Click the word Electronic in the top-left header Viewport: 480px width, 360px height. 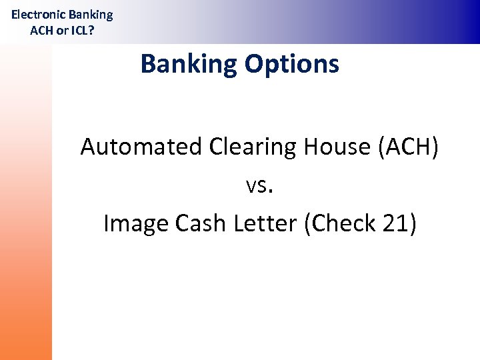coord(39,14)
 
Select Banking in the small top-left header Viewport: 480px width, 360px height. coord(91,15)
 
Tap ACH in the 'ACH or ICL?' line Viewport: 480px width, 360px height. coord(42,30)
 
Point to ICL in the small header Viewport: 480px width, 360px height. coord(77,30)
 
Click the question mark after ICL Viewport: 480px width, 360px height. coord(91,30)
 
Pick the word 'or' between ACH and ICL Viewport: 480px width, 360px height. coord(60,31)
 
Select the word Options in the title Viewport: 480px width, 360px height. coord(292,65)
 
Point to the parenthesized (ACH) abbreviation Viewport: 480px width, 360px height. coord(409,147)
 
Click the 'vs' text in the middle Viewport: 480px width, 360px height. coord(255,187)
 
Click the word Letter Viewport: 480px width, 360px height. coord(265,223)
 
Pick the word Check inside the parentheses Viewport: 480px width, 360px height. coord(344,223)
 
